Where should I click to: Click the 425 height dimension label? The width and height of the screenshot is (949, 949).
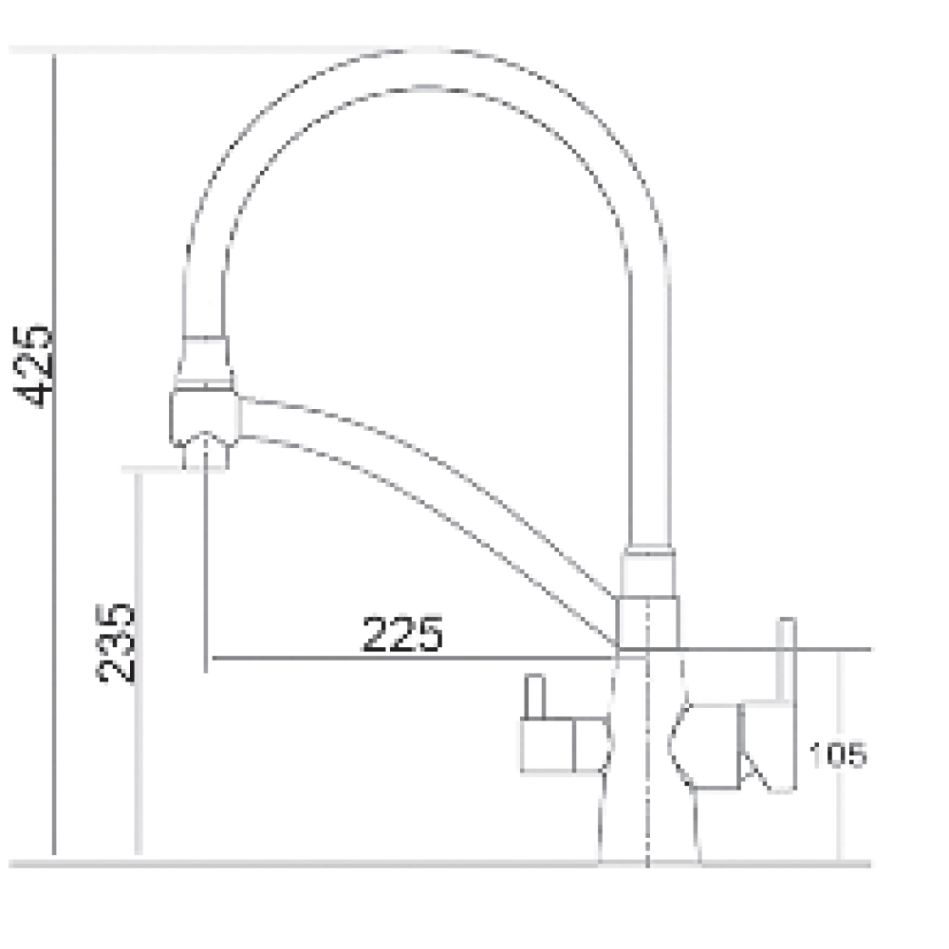tap(33, 366)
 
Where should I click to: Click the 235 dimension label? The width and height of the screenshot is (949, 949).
tap(115, 642)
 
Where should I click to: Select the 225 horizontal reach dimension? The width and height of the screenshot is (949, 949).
tap(402, 634)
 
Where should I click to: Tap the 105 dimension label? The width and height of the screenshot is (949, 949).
tap(838, 754)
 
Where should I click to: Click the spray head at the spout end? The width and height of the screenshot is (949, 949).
tap(204, 419)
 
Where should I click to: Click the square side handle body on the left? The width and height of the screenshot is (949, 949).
tap(564, 746)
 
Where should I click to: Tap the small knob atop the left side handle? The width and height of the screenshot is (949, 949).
tap(534, 696)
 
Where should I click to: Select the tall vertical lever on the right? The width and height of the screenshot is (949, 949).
tap(786, 704)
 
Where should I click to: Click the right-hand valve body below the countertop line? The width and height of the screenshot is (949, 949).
tap(705, 747)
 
